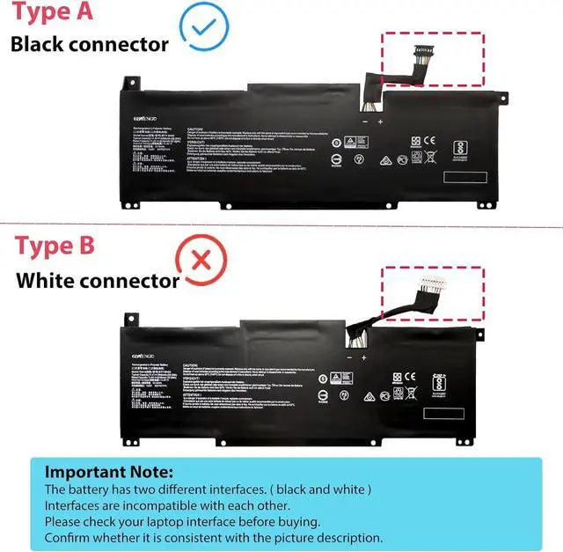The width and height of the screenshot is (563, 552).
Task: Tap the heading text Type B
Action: click(x=55, y=246)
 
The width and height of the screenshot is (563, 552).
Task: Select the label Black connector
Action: click(x=90, y=44)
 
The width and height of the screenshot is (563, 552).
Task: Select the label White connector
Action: click(x=98, y=281)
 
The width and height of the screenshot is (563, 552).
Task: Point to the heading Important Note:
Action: click(x=109, y=472)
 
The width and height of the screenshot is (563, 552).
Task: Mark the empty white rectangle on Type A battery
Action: click(x=464, y=177)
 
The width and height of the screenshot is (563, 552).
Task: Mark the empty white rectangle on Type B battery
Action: click(x=444, y=413)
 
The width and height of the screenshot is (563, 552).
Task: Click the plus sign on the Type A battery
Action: click(x=380, y=121)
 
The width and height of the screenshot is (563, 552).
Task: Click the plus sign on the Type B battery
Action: click(x=363, y=357)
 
